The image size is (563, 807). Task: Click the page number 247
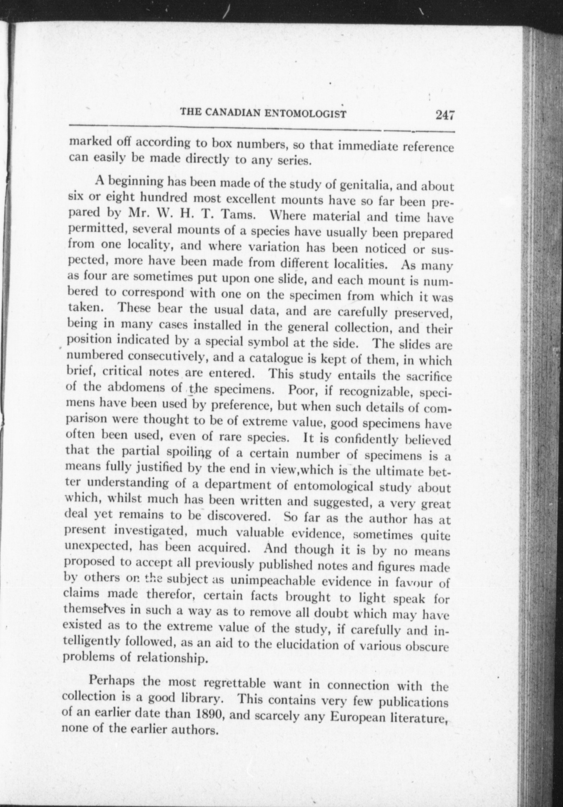point(444,115)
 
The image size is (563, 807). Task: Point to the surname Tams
point(235,216)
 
